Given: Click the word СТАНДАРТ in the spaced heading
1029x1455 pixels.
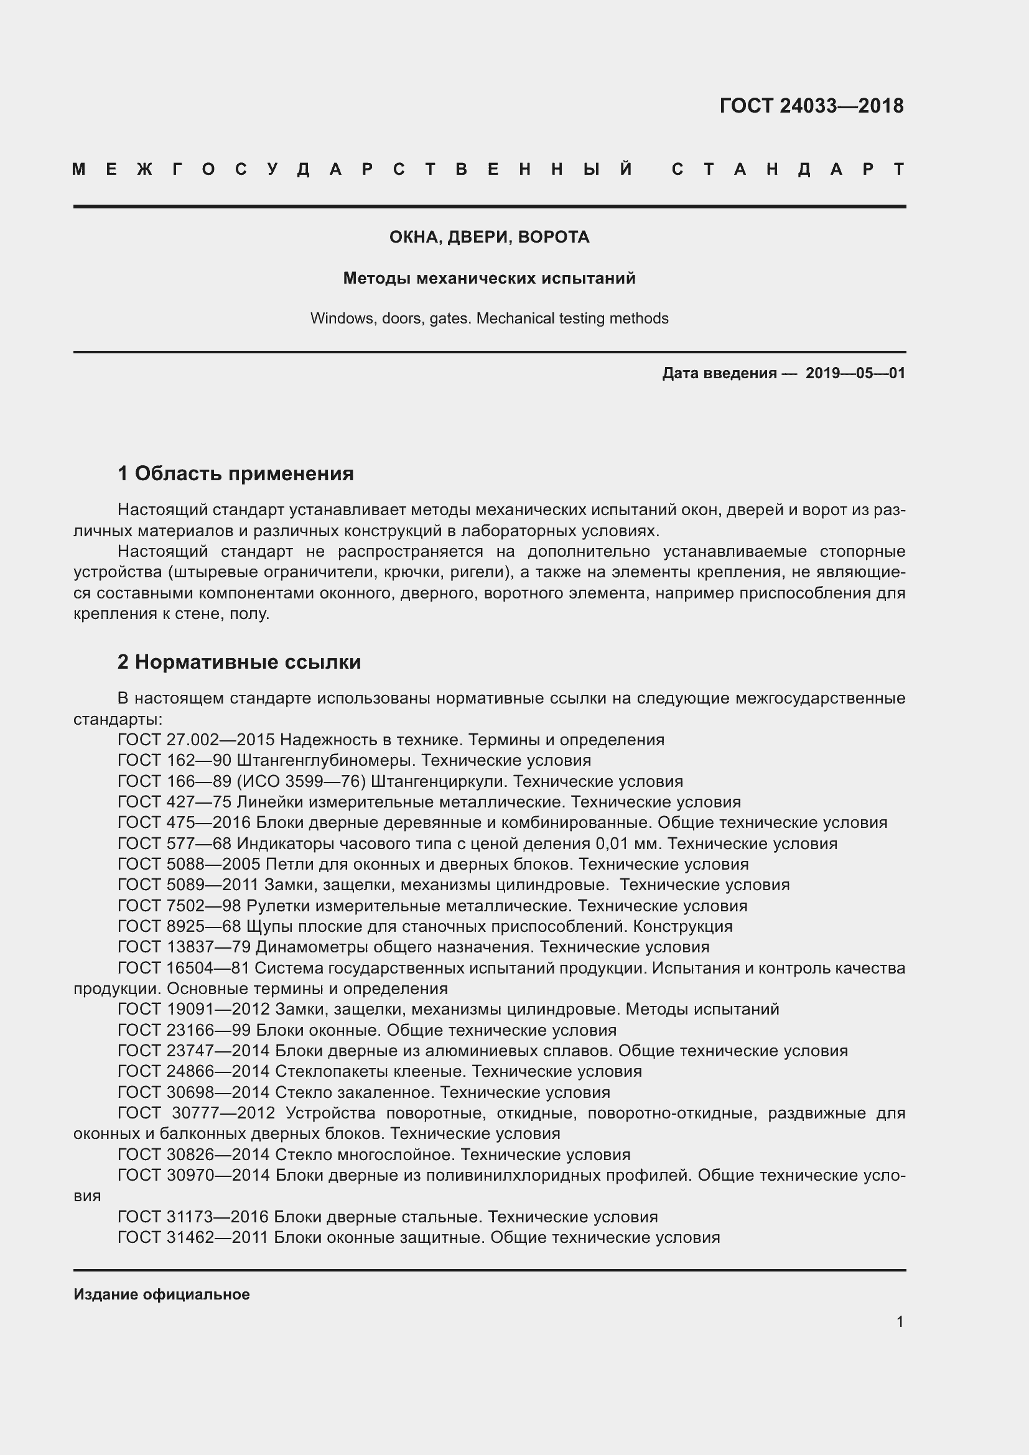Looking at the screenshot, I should pos(788,169).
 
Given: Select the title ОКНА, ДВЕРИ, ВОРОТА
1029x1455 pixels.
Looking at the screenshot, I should pos(489,237).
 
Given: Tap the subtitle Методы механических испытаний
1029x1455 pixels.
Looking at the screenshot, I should pos(489,278).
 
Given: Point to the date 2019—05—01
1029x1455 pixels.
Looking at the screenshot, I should pos(855,373).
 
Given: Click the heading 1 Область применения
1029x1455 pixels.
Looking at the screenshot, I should pos(236,473).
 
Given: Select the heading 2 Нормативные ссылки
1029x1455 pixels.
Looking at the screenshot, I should pos(239,662).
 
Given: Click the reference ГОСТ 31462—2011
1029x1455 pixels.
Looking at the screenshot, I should pos(193,1238).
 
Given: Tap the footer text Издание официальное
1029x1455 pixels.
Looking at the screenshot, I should pos(162,1295).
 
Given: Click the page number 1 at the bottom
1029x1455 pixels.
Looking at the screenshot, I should pos(900,1322).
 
